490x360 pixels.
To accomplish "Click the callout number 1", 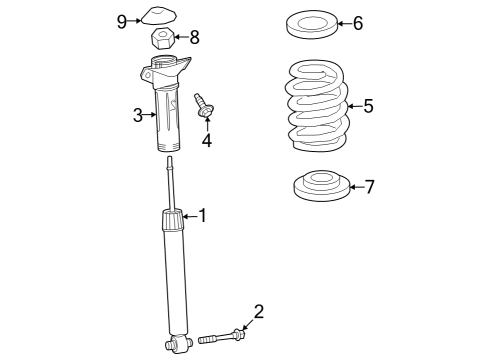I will click(202, 215).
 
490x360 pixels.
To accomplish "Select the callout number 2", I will click(258, 311).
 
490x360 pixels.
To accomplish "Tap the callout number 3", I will click(139, 115).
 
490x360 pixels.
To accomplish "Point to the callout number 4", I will click(206, 140).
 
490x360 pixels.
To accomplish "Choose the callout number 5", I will click(368, 106).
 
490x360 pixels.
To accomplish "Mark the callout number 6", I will click(358, 23).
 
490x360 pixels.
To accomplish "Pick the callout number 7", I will click(369, 187).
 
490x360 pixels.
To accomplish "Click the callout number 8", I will click(194, 38).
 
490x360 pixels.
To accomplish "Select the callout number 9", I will click(122, 19).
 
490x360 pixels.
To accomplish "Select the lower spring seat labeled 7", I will click(320, 186).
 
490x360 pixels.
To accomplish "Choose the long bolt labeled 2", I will click(221, 338).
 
